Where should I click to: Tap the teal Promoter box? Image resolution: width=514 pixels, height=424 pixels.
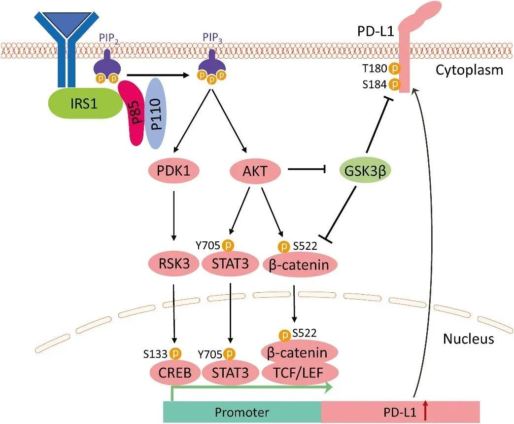click(242, 411)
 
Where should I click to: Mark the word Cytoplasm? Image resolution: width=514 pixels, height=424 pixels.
click(469, 70)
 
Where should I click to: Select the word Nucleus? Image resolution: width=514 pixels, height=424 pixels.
click(468, 339)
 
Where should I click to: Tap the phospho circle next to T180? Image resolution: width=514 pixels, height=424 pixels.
click(394, 69)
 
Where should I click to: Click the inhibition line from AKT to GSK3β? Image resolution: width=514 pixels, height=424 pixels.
click(308, 171)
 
